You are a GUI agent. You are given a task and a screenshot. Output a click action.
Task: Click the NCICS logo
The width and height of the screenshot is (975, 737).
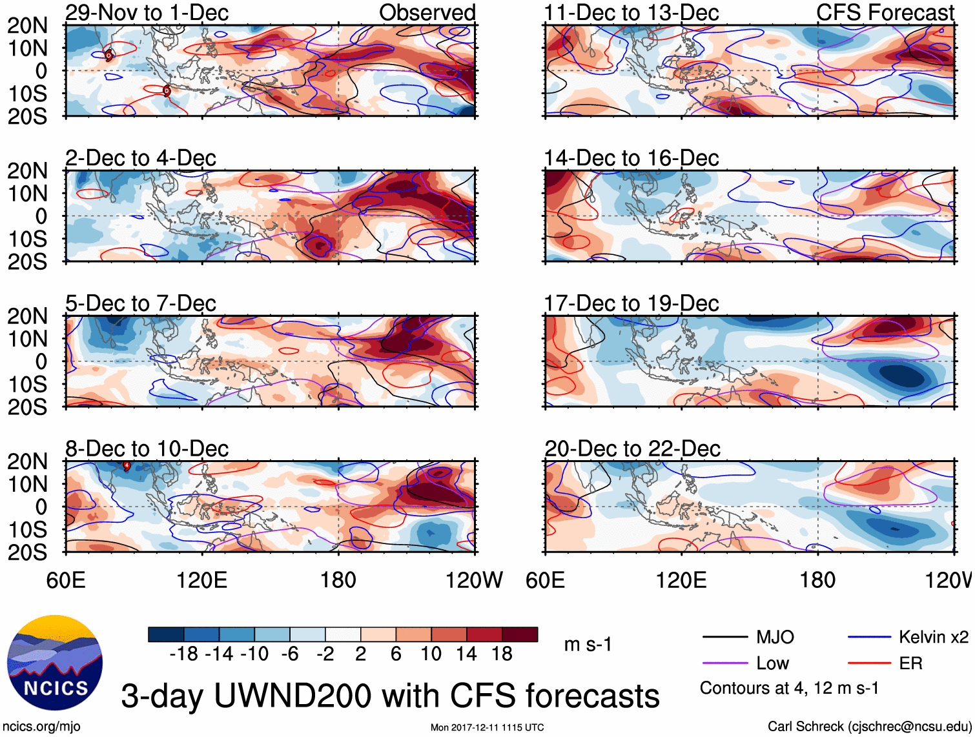pyautogui.click(x=55, y=663)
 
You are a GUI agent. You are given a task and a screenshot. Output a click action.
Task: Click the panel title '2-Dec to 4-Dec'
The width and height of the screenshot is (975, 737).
pyautogui.click(x=141, y=158)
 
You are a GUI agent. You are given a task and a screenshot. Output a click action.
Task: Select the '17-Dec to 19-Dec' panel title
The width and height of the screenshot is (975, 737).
pyautogui.click(x=631, y=303)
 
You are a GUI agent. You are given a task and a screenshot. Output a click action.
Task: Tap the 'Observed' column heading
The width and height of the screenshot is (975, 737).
pyautogui.click(x=427, y=12)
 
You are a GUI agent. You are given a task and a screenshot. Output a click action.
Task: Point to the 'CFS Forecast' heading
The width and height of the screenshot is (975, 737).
pyautogui.click(x=885, y=12)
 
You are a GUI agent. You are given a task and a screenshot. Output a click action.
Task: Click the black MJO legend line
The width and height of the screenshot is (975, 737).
pyautogui.click(x=724, y=638)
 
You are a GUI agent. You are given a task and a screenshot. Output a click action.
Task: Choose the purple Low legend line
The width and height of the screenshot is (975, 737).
pyautogui.click(x=724, y=663)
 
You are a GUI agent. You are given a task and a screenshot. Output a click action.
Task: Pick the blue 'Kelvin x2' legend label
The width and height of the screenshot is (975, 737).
pyautogui.click(x=933, y=638)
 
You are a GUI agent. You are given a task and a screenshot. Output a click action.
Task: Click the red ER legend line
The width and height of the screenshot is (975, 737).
pyautogui.click(x=869, y=663)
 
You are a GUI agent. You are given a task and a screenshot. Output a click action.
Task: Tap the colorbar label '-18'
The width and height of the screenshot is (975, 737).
pyautogui.click(x=184, y=654)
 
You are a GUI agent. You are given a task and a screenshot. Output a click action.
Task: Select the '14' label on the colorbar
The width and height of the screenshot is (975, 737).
pyautogui.click(x=466, y=654)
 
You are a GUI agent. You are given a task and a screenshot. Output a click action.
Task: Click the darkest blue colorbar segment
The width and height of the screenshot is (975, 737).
pyautogui.click(x=166, y=634)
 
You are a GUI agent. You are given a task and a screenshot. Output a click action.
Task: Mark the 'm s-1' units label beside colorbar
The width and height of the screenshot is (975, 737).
pyautogui.click(x=588, y=645)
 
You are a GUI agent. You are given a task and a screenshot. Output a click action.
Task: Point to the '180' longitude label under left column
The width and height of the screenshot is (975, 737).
pyautogui.click(x=338, y=580)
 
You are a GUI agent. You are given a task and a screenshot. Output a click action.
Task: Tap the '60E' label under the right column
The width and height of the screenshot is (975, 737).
pyautogui.click(x=545, y=580)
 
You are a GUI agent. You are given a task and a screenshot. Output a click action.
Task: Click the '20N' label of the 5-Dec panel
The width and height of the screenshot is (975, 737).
pyautogui.click(x=28, y=316)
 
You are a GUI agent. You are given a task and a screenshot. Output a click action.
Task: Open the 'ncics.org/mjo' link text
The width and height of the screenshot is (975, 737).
pyautogui.click(x=42, y=726)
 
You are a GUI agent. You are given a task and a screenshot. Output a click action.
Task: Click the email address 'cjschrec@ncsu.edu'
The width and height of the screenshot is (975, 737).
pyautogui.click(x=908, y=726)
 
